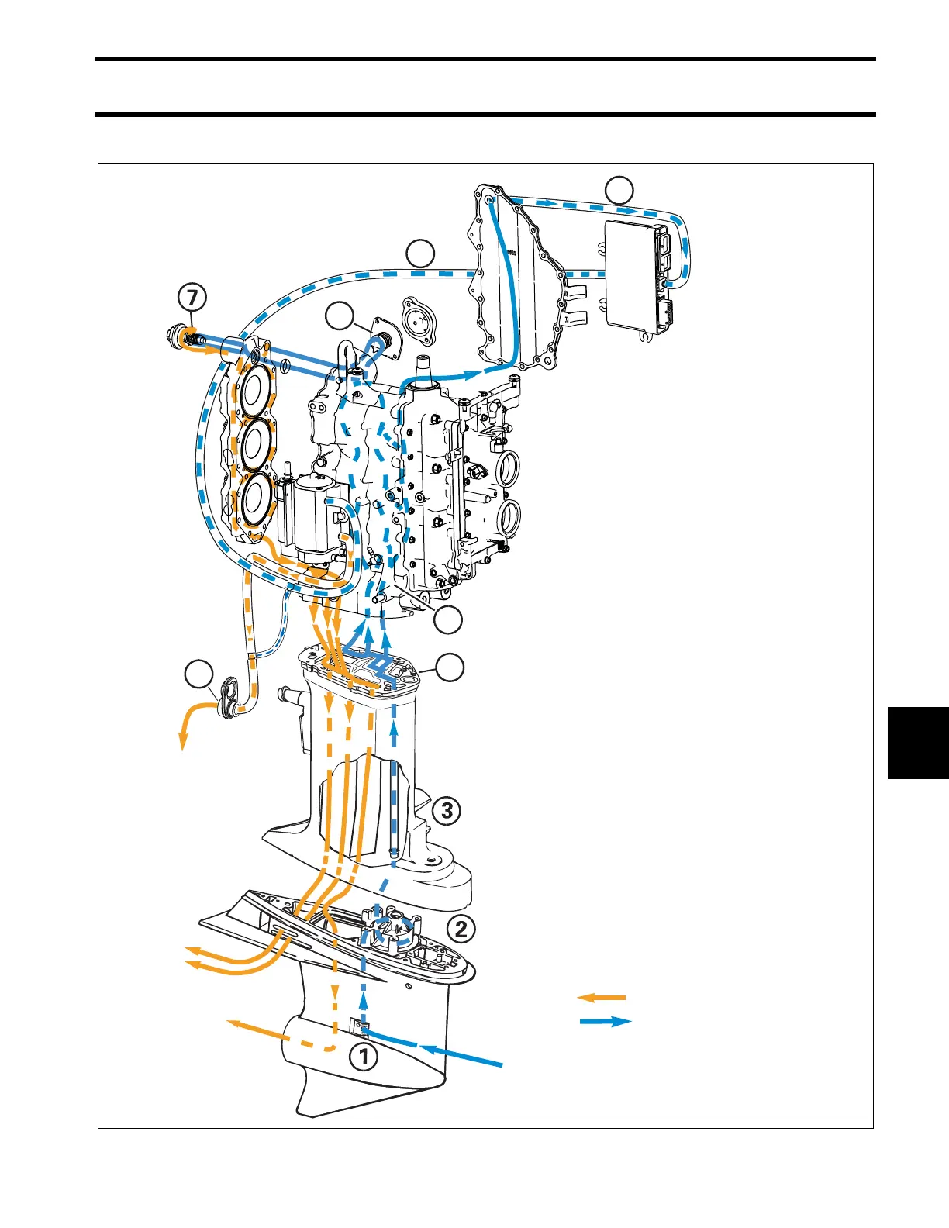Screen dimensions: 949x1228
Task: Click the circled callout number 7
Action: (192, 298)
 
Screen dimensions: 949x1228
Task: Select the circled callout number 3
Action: (447, 811)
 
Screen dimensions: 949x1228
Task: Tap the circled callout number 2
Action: (461, 928)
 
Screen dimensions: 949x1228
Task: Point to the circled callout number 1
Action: (364, 1056)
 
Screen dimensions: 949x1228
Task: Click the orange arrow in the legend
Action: (602, 997)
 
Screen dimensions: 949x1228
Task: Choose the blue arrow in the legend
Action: (606, 1022)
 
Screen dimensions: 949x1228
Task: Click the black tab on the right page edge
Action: (918, 742)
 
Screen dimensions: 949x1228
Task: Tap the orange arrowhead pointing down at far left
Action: (182, 743)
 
